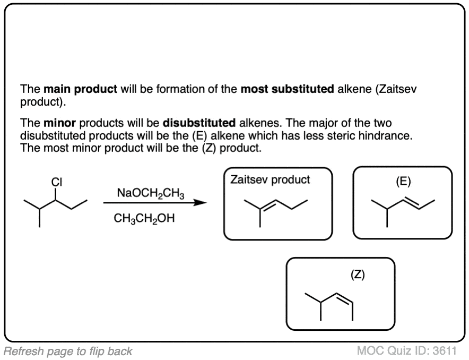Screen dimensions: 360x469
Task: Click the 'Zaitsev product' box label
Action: pos(270,179)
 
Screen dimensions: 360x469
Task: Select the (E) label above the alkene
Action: pos(403,181)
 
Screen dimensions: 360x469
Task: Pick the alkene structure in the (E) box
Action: pos(403,208)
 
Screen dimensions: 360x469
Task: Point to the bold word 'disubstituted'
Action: pos(198,124)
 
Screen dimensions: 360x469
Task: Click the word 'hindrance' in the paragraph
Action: pos(385,135)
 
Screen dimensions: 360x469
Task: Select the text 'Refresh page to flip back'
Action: pos(68,350)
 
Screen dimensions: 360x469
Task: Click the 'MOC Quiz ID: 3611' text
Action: pos(406,350)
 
